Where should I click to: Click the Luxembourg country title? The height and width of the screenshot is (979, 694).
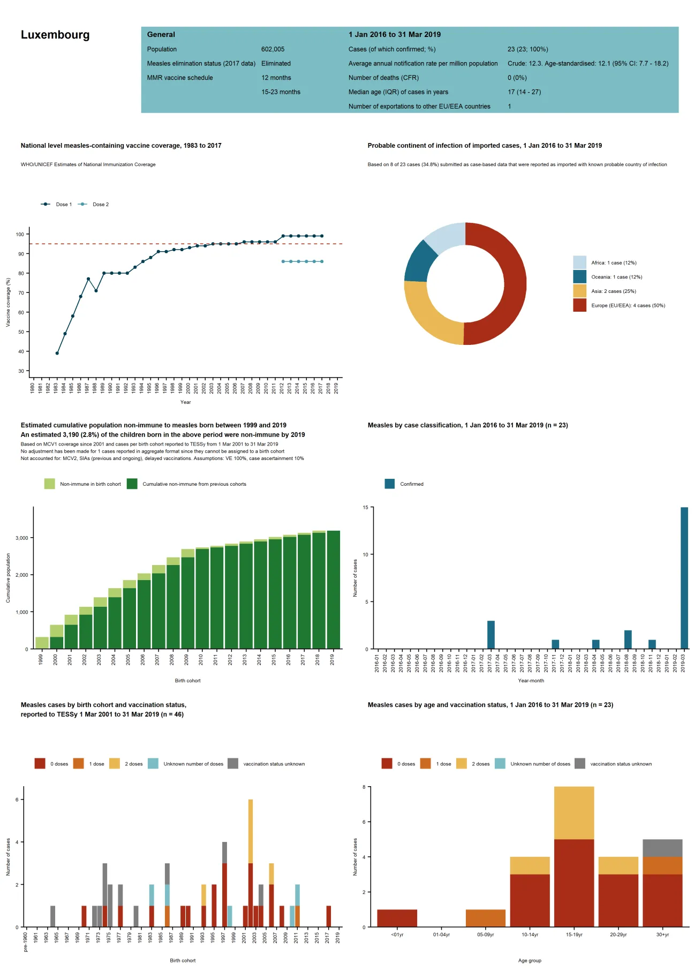coord(55,35)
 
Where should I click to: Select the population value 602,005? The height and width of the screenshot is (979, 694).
coord(273,49)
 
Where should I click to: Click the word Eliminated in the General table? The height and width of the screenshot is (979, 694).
coord(276,63)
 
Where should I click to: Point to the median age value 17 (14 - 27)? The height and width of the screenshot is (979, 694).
coord(524,92)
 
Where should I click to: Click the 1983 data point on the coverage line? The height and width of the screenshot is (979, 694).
coord(57,353)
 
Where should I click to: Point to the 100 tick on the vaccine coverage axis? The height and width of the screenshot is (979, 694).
coord(20,235)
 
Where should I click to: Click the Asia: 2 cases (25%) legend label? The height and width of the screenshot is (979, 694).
coord(613,291)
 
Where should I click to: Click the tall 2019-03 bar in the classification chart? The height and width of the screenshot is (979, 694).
coord(684,578)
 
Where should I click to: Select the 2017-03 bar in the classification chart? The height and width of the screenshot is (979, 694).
coord(491,635)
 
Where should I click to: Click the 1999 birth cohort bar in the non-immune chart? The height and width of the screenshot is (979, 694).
coord(42,643)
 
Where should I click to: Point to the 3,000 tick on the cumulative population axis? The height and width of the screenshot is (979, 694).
coord(22,538)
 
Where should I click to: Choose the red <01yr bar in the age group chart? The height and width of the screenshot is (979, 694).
coord(397,918)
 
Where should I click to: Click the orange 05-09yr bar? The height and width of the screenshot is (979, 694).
coord(485,918)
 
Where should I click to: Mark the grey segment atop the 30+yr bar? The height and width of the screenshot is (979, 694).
coord(662,848)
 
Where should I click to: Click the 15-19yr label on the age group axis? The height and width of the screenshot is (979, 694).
coord(574,935)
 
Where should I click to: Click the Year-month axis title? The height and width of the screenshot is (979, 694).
coord(531,681)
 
